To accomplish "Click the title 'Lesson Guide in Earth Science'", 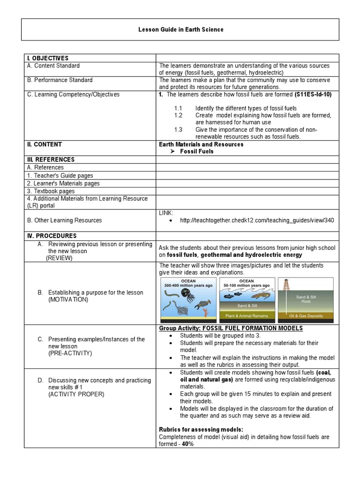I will click(180, 30).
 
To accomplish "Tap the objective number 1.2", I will click(178, 115).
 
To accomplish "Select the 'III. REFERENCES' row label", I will click(50, 159).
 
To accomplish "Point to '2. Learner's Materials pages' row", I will click(63, 183).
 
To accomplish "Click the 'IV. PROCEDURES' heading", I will click(51, 236).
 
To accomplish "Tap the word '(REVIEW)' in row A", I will click(59, 258).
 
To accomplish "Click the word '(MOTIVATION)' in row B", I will click(68, 300).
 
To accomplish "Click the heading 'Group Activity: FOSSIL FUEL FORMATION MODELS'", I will click(231, 328).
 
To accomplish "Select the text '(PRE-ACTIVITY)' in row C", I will click(70, 353).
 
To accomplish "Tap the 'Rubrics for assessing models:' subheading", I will click(201, 429).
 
